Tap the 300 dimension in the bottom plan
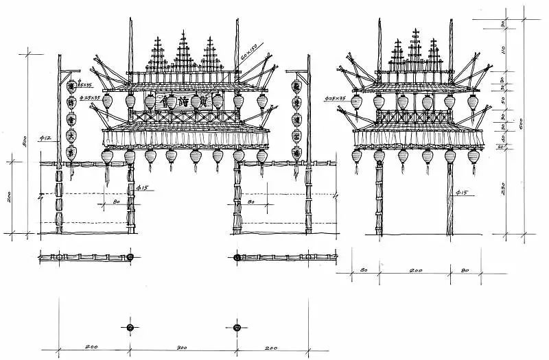[x=182, y=348]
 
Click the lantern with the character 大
[x=71, y=135]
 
